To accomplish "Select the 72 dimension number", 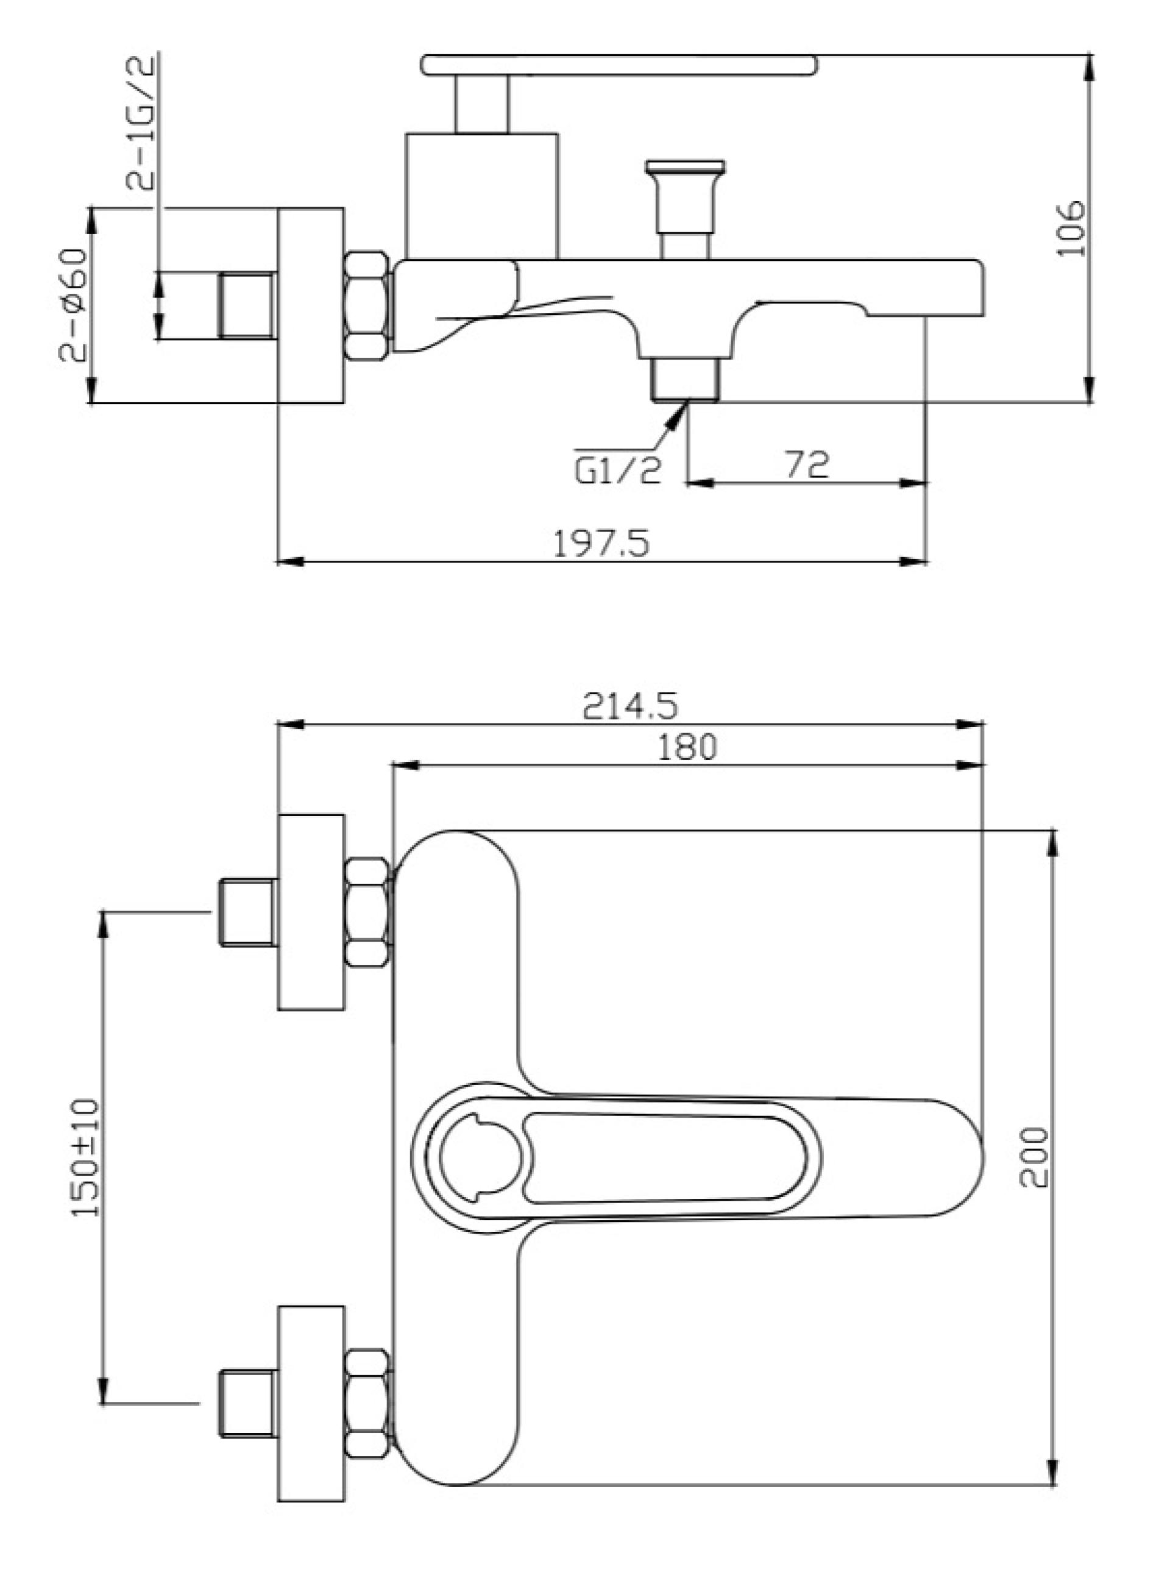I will click(x=807, y=464).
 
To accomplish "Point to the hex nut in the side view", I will click(x=367, y=304).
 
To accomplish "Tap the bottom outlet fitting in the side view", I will click(x=685, y=380).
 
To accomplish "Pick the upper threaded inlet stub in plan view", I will click(x=246, y=912).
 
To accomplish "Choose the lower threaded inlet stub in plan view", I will click(x=246, y=1404).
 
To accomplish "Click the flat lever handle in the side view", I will click(x=619, y=65).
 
